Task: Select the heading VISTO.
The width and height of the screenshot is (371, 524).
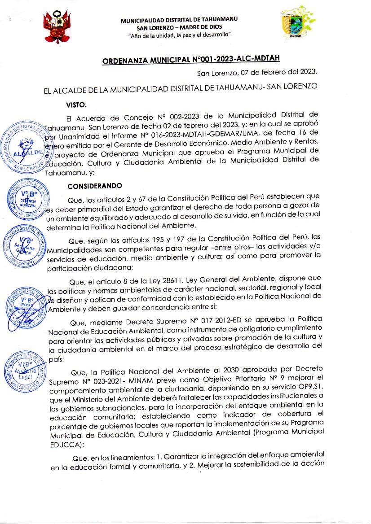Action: coord(76,105)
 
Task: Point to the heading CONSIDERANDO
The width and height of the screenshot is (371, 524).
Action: coord(94,185)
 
